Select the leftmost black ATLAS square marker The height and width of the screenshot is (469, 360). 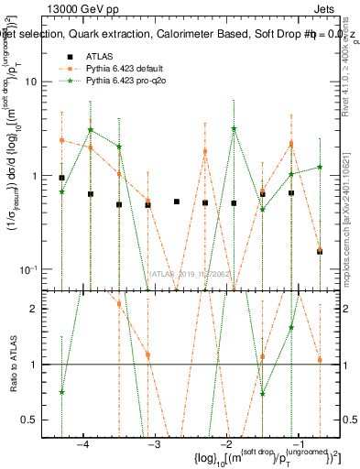click(61, 178)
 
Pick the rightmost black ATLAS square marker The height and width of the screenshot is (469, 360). click(320, 251)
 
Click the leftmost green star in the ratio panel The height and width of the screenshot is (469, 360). click(61, 392)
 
